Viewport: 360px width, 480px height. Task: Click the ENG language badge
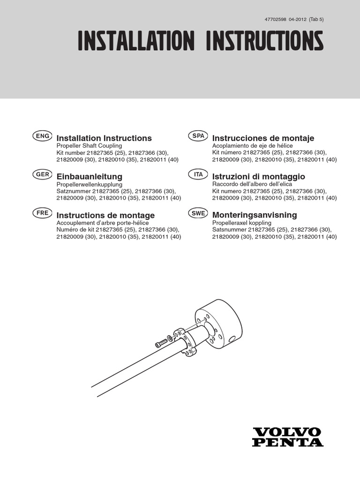[41, 136]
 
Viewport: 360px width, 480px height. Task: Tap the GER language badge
[41, 174]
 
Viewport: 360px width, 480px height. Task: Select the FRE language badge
[41, 213]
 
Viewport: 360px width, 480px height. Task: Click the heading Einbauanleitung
[89, 177]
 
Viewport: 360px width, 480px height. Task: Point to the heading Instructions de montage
[105, 215]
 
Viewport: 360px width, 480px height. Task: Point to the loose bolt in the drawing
[162, 343]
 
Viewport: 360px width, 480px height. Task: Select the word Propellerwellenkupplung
[89, 185]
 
